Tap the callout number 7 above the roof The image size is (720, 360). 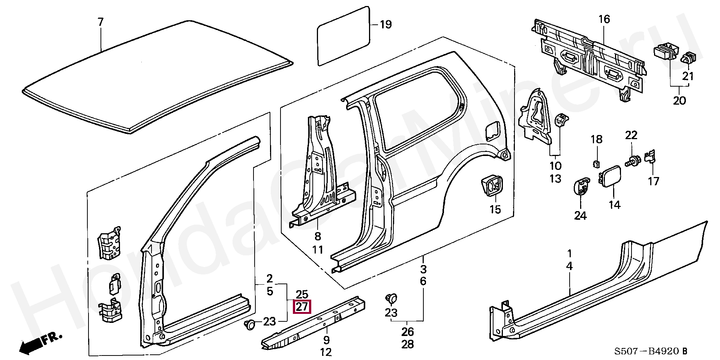[x=100, y=22]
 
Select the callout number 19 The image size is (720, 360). [x=386, y=25]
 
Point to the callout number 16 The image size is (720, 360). [x=604, y=19]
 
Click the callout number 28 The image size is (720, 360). [x=408, y=344]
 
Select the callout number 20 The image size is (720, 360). [x=679, y=100]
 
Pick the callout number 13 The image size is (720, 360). [x=555, y=178]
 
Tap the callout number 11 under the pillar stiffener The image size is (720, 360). [x=318, y=249]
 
